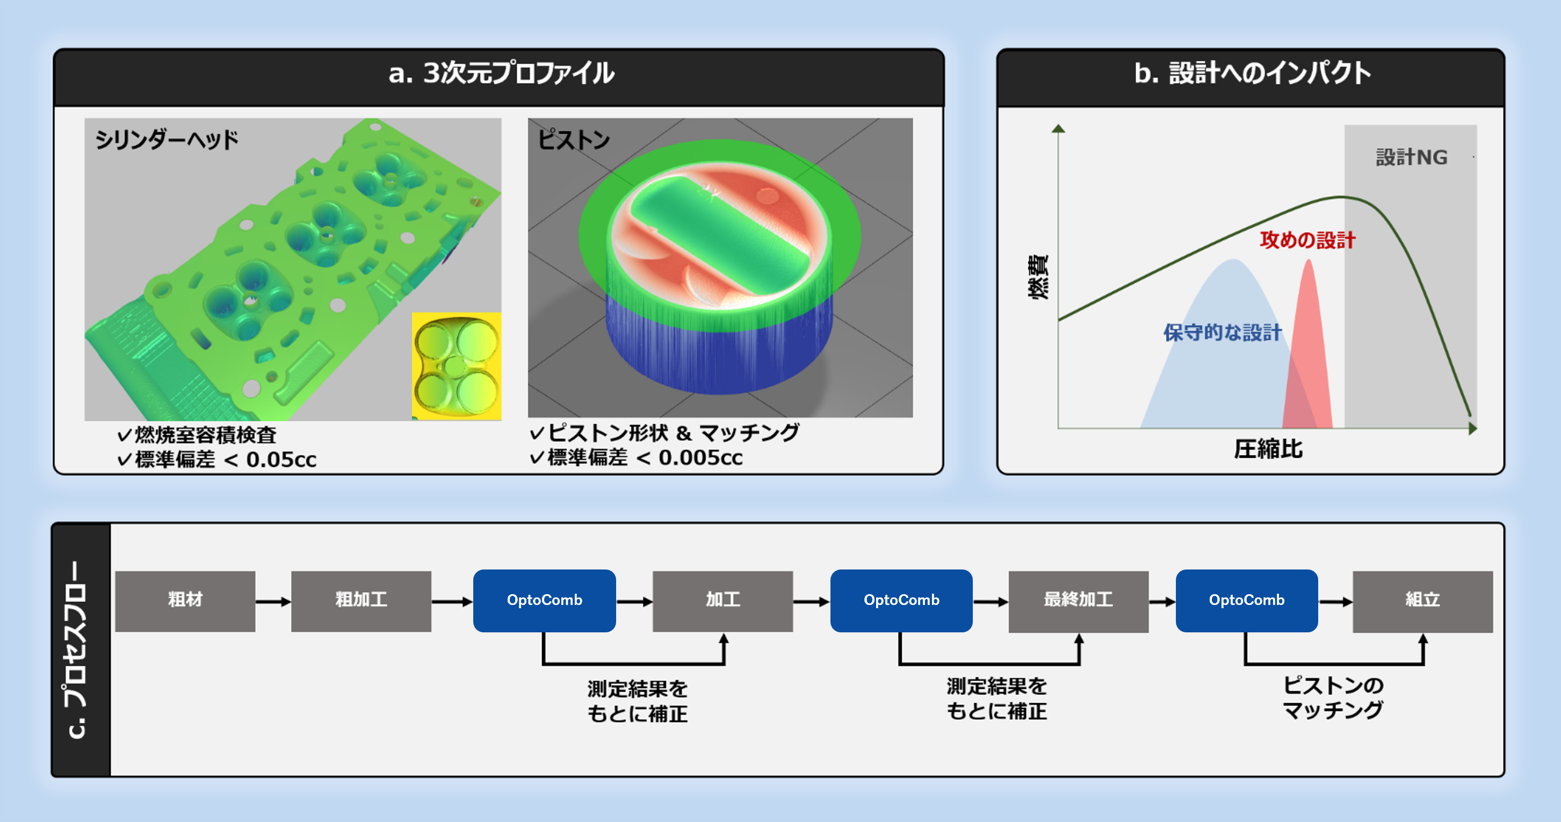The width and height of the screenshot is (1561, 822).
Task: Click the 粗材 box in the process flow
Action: click(185, 601)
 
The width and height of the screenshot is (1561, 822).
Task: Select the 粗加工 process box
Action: click(361, 601)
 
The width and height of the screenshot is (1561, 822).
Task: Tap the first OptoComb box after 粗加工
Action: click(544, 600)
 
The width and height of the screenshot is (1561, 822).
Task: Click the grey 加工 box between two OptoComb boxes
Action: click(722, 601)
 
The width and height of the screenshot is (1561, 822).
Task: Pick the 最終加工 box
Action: click(1078, 601)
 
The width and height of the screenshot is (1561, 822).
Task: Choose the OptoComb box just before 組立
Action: click(1247, 600)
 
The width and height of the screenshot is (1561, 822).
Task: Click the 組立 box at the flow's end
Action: click(1422, 601)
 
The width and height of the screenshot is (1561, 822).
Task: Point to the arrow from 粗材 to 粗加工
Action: click(273, 601)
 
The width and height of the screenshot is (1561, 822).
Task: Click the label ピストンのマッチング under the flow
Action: click(1333, 698)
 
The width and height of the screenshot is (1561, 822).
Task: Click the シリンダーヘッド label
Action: click(167, 140)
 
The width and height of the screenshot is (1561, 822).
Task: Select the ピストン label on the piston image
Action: click(573, 140)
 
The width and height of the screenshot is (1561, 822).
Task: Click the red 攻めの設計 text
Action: click(1307, 240)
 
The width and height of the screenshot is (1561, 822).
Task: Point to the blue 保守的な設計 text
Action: click(1222, 332)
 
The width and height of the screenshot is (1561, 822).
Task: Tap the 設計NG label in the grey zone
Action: click(1411, 157)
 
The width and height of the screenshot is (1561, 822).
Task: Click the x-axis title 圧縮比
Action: click(1268, 449)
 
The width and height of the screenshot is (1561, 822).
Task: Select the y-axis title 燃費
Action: click(1038, 277)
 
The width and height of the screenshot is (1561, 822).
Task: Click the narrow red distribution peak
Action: click(1310, 340)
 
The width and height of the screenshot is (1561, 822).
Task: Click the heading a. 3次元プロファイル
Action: click(501, 74)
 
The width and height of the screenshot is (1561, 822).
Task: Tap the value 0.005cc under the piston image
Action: click(700, 458)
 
